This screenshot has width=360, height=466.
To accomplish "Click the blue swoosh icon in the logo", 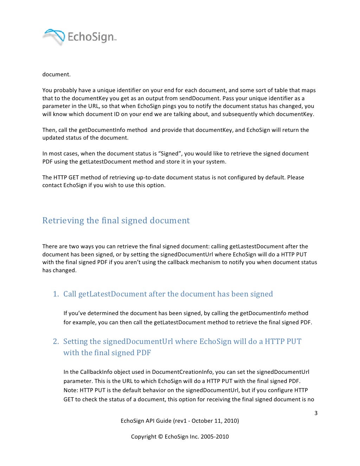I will tap(54, 37).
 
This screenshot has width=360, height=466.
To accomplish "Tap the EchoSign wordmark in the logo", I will tap(91, 37).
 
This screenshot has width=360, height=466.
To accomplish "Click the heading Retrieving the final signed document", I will tap(116, 221).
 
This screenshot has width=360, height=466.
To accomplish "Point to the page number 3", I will tap(316, 413).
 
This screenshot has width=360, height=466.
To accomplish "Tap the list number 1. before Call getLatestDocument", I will tap(56, 294).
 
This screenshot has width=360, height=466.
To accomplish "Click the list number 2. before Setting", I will tap(56, 341).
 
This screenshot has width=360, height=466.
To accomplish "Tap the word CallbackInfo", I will tap(96, 372).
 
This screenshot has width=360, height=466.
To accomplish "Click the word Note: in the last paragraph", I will tap(71, 390).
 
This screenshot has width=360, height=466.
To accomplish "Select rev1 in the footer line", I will tap(180, 421).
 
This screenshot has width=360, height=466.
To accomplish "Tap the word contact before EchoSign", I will tap(52, 185).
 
